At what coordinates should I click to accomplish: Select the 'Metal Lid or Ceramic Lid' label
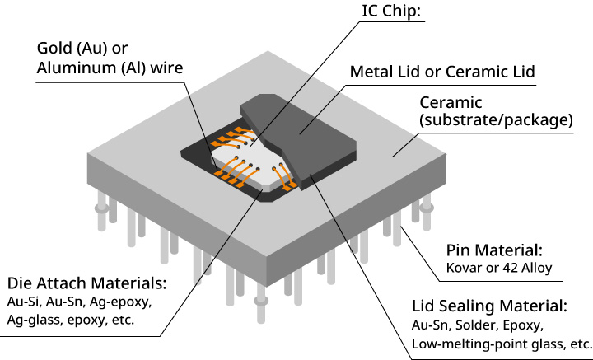443,72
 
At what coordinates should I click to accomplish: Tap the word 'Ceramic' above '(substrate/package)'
454,103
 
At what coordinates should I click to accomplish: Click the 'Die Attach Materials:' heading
86,283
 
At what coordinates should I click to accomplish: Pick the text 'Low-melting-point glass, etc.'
501,344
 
